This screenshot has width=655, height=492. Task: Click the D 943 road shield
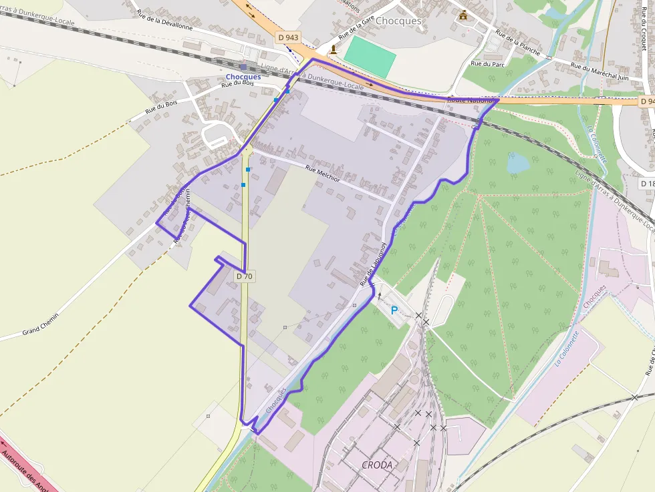[x=287, y=38]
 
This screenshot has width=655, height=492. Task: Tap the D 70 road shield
[x=245, y=276]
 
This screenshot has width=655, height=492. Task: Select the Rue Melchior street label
[x=323, y=174]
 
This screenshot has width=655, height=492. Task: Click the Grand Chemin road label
[x=41, y=324]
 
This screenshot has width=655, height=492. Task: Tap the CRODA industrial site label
[x=376, y=465]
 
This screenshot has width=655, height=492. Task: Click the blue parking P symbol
[x=394, y=310]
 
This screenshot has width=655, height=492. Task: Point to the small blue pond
[x=518, y=163]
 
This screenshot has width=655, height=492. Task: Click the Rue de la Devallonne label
[x=164, y=21]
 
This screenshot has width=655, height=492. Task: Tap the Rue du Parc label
[x=487, y=64]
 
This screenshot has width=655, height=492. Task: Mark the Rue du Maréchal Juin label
[x=600, y=72]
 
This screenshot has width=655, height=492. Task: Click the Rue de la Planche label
[x=518, y=41]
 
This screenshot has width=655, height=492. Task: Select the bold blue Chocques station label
[x=243, y=77]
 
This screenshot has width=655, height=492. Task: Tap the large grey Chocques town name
[x=399, y=21]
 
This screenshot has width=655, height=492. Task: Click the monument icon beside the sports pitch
[x=334, y=49]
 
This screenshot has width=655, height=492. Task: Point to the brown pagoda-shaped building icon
[x=463, y=15]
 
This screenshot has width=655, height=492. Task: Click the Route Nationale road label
[x=470, y=100]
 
